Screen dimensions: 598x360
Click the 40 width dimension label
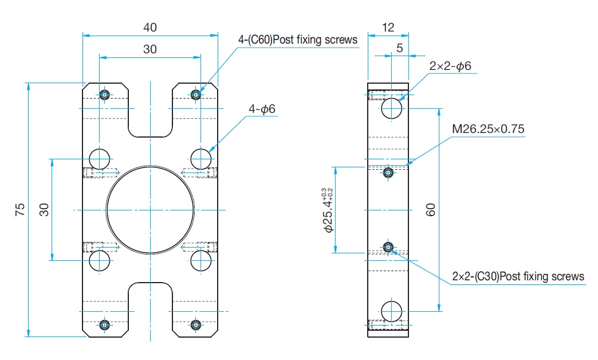coord(150,28)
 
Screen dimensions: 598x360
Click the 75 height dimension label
coord(20,210)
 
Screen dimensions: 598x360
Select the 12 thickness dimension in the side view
coord(388,28)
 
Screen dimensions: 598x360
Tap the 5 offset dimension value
coord(399,48)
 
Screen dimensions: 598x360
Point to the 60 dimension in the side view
coord(430,210)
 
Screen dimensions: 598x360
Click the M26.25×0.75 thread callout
coord(488,129)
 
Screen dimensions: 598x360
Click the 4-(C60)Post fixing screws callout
coord(298,40)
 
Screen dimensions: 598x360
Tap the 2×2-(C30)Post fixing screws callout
coord(518,276)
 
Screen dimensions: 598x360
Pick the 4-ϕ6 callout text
coord(262,109)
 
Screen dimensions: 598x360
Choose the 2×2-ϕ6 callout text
coord(450,66)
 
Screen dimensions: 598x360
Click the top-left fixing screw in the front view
coord(104,94)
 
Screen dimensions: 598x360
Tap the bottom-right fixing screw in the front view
coord(196,325)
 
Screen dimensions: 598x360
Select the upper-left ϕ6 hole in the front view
coord(100,159)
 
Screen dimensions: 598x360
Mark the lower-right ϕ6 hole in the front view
coord(200,261)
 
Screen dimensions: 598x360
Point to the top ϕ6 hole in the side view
coord(392,108)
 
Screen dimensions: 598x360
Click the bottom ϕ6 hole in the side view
coord(392,311)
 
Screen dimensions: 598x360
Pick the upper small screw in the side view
coord(388,173)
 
